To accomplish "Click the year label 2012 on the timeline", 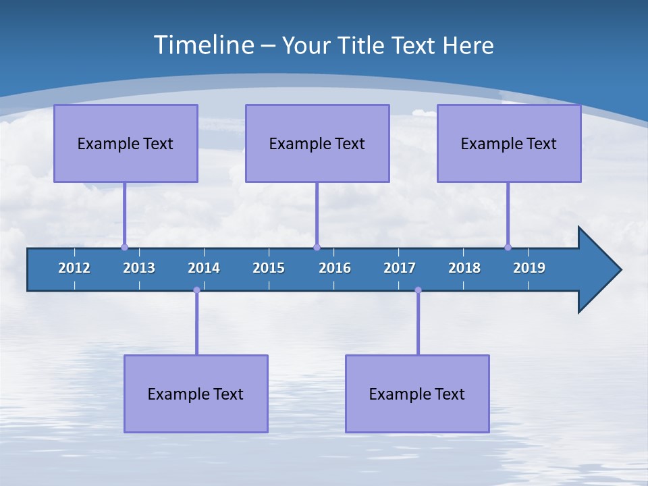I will (74, 268).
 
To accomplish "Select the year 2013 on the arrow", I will (139, 268).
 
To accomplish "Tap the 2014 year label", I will (204, 268).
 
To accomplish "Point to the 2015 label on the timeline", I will (269, 268).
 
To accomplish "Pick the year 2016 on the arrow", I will (335, 268).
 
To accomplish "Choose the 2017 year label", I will (400, 268).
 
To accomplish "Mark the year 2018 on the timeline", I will (464, 268).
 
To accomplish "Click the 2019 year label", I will (529, 268).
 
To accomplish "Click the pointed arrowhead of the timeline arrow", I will (601, 270).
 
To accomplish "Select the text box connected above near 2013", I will (126, 143).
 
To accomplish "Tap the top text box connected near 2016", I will (317, 143).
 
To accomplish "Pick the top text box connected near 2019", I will (509, 143).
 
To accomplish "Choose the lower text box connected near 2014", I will (196, 394).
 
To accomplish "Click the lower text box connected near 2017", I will (417, 394).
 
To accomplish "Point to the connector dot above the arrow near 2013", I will (124, 247).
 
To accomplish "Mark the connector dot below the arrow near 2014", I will (196, 290).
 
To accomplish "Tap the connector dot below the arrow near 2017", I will (418, 290).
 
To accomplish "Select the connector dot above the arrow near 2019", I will (508, 247).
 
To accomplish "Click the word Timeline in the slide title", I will (204, 45).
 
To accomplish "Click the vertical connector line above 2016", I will (317, 215).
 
